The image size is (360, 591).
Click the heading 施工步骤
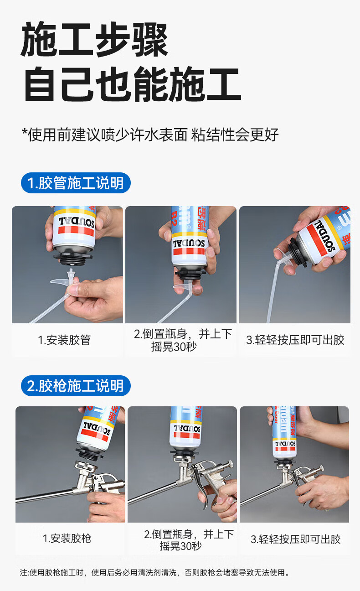coord(94,40)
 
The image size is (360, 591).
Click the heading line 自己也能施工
coord(133,84)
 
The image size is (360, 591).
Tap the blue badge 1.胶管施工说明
coord(76,183)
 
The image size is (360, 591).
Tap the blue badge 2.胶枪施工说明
coord(76,386)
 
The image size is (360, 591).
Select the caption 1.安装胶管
coord(64,340)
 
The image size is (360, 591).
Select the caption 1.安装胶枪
coord(67,539)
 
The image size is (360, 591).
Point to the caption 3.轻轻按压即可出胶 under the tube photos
coord(295,340)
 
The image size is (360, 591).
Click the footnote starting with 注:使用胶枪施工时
coord(155,573)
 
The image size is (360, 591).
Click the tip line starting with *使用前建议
coord(150,135)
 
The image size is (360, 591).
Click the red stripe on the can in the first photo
coord(76,231)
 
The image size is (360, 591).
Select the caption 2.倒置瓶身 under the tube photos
coord(183,340)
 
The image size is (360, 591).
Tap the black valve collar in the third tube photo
coord(298,252)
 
